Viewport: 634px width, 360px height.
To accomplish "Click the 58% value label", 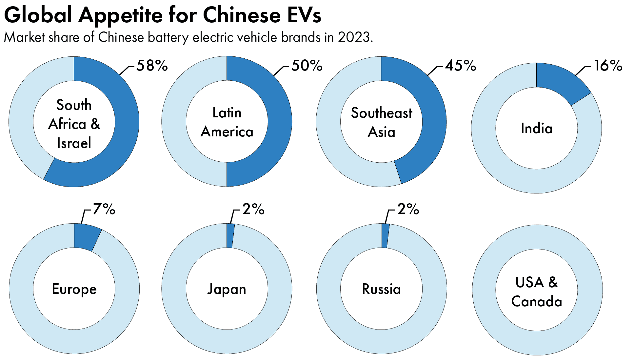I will [x=152, y=66].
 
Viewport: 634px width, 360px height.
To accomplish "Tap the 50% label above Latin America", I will [x=307, y=66].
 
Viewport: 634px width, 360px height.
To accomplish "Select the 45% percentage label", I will [x=460, y=66].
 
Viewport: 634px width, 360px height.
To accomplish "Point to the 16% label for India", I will [x=608, y=66].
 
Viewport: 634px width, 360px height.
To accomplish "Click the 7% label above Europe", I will [x=104, y=209].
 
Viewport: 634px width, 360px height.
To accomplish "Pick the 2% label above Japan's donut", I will [x=253, y=209].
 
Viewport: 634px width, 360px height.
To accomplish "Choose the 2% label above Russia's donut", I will [x=408, y=209].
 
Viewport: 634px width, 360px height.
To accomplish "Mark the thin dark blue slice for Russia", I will [x=385, y=235].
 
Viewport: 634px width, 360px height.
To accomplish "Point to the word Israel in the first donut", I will [x=74, y=143].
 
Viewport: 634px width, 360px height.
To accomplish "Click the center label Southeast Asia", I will [x=381, y=122].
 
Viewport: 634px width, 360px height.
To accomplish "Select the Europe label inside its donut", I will [x=74, y=289].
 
